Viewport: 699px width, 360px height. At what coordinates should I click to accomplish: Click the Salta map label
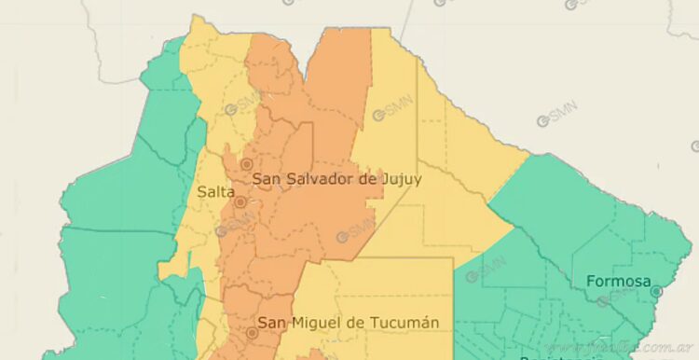click(x=215, y=191)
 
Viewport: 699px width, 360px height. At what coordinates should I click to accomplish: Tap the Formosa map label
click(x=618, y=281)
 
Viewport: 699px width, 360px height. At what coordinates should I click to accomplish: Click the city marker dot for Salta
click(x=240, y=201)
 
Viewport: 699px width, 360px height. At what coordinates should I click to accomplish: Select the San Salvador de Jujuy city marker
click(x=246, y=164)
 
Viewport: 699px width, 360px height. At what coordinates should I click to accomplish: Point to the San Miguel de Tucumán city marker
click(x=252, y=331)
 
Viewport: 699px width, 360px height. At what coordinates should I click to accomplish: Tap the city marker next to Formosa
click(x=657, y=291)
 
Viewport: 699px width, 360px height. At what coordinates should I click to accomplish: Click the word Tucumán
click(x=405, y=323)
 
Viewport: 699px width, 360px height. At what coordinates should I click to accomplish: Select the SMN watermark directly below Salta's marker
click(x=235, y=225)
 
